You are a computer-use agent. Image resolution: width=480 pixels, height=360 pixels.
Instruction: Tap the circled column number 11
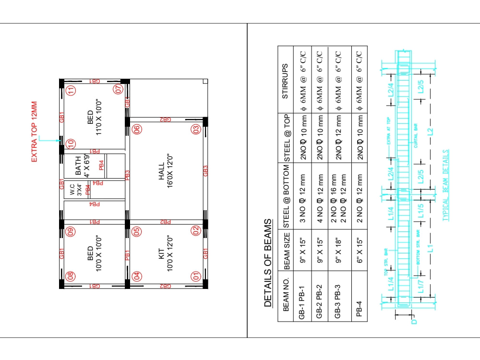click(71, 90)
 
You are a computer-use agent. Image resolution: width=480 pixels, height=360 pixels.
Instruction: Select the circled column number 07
click(118, 89)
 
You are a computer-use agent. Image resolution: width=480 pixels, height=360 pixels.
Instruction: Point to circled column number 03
click(196, 129)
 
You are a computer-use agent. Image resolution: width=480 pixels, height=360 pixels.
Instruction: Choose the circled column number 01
click(196, 276)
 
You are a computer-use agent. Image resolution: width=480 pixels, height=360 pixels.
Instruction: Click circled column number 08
click(71, 276)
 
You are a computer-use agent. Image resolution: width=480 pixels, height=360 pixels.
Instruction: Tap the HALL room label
click(166, 172)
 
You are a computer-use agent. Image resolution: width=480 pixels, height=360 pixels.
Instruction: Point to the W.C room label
click(76, 190)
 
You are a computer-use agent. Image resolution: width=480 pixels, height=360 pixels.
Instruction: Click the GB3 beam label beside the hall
click(206, 171)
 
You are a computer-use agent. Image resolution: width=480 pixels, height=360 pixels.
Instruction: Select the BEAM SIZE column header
click(287, 249)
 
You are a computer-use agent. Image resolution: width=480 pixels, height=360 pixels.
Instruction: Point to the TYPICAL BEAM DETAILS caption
click(446, 185)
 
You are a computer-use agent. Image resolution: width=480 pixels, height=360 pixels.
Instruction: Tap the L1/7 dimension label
click(420, 287)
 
